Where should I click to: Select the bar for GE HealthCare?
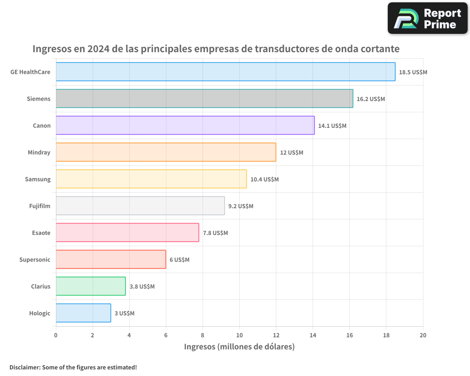pyautogui.click(x=226, y=72)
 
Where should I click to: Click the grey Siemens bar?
pyautogui.click(x=204, y=99)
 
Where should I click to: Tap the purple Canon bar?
pyautogui.click(x=185, y=125)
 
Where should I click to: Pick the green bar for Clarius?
pyautogui.click(x=91, y=286)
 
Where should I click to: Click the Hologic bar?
pyautogui.click(x=83, y=313)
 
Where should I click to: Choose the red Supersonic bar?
pyautogui.click(x=111, y=259)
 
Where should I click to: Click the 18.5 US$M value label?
pyautogui.click(x=413, y=72)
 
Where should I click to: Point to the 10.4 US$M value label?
pyautogui.click(x=265, y=180)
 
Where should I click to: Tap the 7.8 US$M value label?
pyautogui.click(x=215, y=233)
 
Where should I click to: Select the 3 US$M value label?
pyautogui.click(x=125, y=313)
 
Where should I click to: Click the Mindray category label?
pyautogui.click(x=39, y=152)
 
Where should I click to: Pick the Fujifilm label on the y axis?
pyautogui.click(x=40, y=206)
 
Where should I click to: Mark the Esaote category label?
pyautogui.click(x=41, y=233)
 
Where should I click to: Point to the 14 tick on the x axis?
pyautogui.click(x=313, y=335)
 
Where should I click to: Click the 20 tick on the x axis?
pyautogui.click(x=423, y=335)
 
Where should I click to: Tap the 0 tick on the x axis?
pyautogui.click(x=56, y=335)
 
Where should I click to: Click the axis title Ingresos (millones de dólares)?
pyautogui.click(x=239, y=347)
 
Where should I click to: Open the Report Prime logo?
pyautogui.click(x=428, y=18)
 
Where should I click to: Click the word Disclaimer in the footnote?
pyautogui.click(x=24, y=367)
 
